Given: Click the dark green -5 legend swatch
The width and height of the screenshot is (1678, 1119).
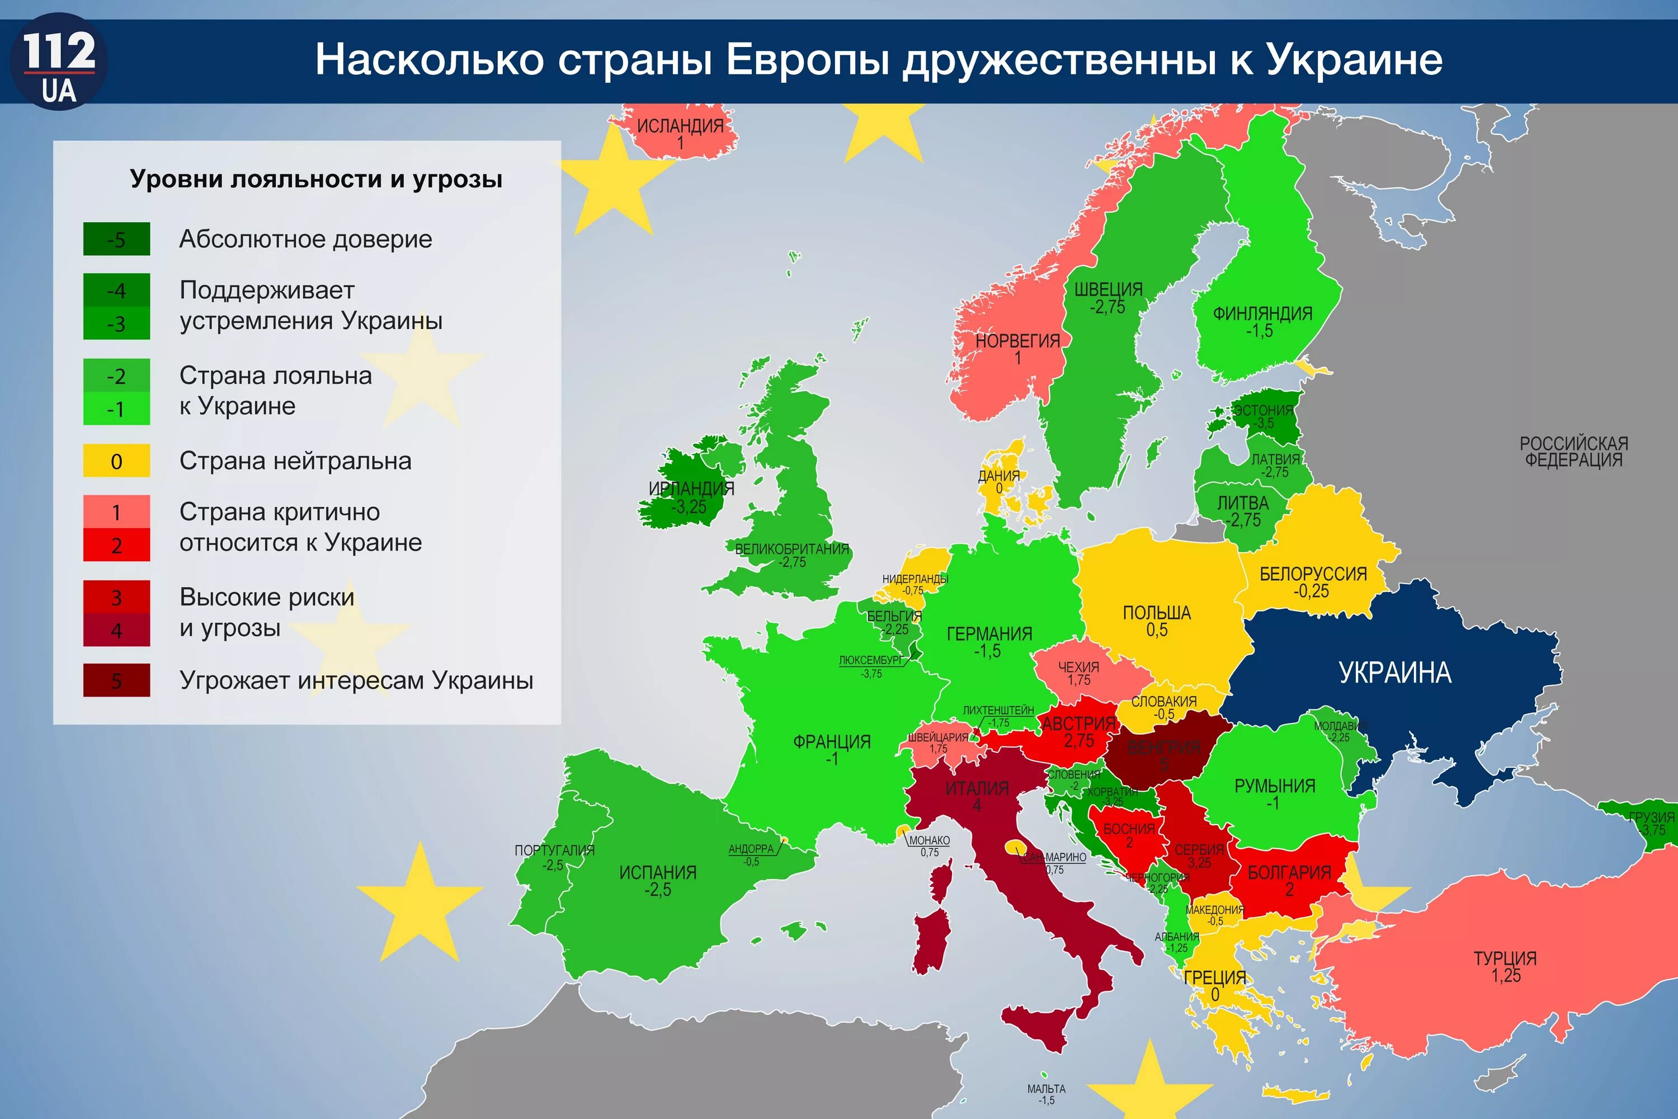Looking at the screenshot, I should tap(116, 239).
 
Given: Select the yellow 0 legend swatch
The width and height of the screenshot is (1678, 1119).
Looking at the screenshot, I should tap(116, 461).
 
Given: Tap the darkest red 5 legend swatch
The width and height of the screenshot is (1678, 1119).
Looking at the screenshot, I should tap(116, 680).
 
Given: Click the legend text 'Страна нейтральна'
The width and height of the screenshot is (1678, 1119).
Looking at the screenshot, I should tap(295, 461).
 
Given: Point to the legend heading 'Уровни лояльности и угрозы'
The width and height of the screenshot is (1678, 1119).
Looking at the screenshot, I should tap(316, 179).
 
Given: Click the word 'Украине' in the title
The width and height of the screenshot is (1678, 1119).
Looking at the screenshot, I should tap(1354, 59).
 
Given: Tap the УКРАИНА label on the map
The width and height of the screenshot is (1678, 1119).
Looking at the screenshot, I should tap(1395, 673).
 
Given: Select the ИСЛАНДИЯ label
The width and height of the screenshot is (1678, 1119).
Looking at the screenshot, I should tap(680, 125).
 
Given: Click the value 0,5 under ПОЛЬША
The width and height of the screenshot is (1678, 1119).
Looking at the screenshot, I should tap(1157, 630).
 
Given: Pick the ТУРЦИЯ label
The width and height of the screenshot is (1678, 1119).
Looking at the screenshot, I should tap(1505, 958).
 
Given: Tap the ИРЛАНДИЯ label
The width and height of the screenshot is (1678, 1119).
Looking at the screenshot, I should tap(691, 489).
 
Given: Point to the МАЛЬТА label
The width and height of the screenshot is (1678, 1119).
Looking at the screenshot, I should tap(1046, 1088).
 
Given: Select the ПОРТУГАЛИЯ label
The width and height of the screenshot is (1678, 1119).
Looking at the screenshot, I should tap(554, 850).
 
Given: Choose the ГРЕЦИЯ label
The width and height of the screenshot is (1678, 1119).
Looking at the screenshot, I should tap(1215, 977).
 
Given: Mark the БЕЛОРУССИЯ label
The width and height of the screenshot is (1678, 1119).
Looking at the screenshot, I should tap(1313, 574).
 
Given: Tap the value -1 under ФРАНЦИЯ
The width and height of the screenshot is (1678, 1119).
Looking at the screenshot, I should tap(832, 759).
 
